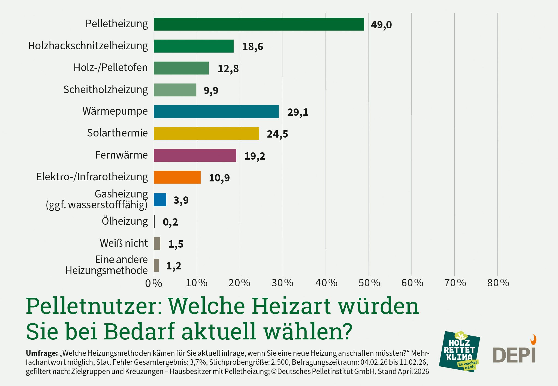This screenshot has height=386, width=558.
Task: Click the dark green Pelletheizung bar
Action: (x=259, y=24)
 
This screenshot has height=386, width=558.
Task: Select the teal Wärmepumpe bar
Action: (x=216, y=112)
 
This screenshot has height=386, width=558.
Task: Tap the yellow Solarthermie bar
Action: (x=206, y=133)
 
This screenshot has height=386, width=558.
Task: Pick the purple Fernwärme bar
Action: (x=195, y=155)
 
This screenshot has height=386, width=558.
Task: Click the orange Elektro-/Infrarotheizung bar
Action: (x=177, y=177)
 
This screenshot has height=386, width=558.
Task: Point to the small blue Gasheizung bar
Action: (x=160, y=200)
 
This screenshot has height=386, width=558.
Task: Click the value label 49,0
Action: (x=381, y=25)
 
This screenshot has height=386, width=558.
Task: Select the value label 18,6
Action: (x=252, y=47)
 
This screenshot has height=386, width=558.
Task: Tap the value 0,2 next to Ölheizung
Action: (x=170, y=222)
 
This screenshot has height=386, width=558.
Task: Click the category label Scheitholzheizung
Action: (x=105, y=90)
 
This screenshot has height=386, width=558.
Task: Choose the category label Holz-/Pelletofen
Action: (x=110, y=68)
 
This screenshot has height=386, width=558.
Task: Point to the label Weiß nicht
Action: (x=123, y=243)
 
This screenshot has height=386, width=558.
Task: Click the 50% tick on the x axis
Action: (x=369, y=283)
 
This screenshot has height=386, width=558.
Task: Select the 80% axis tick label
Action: (x=498, y=283)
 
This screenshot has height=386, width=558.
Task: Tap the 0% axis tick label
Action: (x=153, y=284)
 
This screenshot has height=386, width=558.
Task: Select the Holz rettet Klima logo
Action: (x=459, y=351)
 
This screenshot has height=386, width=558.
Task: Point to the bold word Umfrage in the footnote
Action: (x=42, y=353)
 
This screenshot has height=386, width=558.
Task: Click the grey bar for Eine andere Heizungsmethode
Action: (x=156, y=265)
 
